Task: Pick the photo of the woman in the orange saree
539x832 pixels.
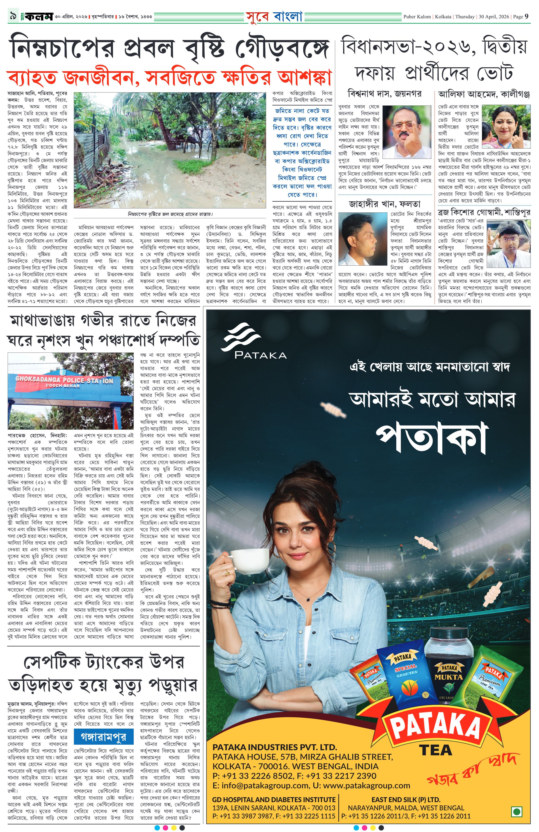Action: pyautogui.click(x=506, y=127)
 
